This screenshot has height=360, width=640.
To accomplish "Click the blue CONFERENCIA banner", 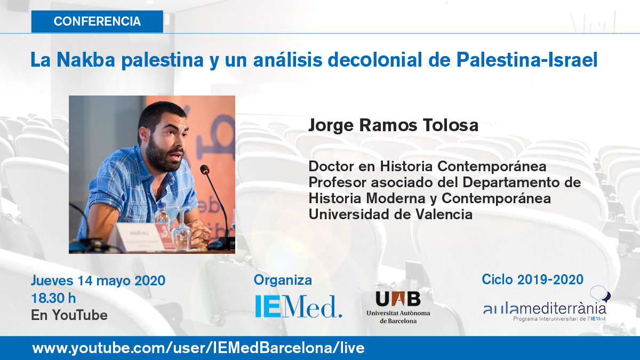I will [97, 22].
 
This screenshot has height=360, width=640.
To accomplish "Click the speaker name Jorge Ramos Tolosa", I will [393, 126].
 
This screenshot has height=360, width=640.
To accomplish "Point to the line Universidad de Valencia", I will [390, 214].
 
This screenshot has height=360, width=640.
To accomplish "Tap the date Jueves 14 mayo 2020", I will [98, 281].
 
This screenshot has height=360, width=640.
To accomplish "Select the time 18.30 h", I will [54, 298].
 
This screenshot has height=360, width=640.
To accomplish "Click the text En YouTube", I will [69, 315].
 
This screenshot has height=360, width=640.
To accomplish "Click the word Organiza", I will [283, 280].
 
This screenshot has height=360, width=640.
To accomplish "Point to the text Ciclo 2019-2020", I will [532, 279].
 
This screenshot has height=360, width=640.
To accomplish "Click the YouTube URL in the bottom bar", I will [198, 348].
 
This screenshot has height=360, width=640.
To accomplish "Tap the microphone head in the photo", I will [204, 170].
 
